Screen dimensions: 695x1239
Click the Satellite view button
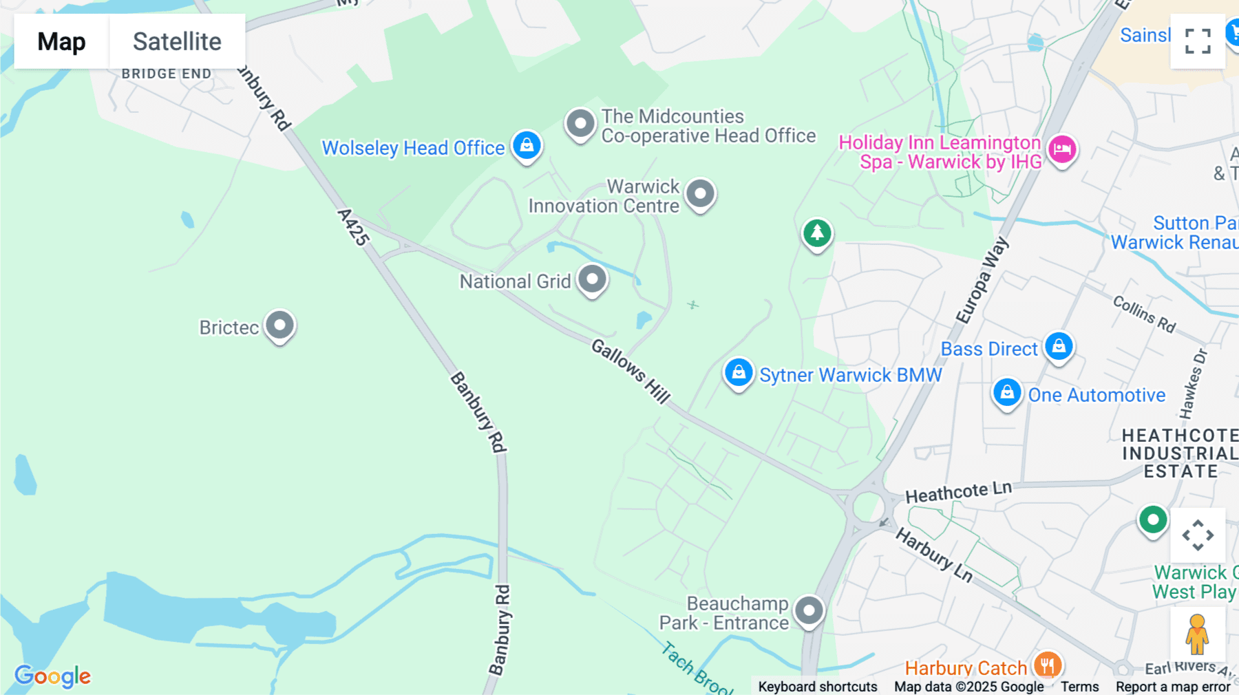177,41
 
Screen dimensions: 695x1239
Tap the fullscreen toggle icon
1198,41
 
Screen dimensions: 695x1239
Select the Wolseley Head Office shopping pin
527,146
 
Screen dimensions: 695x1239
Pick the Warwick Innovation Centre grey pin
701,194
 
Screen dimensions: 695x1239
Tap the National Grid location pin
592,279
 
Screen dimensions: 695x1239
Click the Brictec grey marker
279,325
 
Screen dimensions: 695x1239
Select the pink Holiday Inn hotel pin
1062,149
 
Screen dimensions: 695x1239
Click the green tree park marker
817,233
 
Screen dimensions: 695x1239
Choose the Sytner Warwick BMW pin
739,373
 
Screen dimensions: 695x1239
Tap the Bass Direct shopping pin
1059,346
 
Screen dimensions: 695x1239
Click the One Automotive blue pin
1007,393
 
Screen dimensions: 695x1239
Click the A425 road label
354,227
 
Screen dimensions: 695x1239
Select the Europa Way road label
982,281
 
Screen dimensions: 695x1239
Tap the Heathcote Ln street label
958,492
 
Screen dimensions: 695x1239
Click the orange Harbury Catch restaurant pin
1047,665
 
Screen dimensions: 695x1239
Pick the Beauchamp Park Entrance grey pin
809,610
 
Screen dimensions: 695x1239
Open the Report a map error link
1173,687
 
